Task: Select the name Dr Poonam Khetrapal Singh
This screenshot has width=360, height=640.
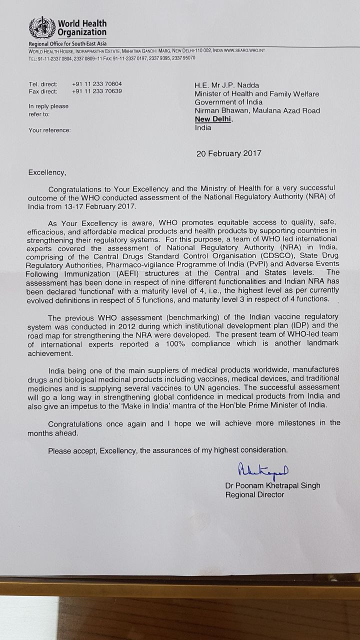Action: (272, 485)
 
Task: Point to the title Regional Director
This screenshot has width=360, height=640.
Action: (254, 494)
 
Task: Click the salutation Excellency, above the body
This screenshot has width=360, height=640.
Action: (46, 172)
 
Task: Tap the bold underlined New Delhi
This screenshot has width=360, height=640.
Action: (213, 119)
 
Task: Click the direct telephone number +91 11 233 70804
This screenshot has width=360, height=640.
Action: (96, 84)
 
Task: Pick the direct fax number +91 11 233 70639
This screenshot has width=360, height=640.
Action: (96, 92)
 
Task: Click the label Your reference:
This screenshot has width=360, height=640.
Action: (49, 130)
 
